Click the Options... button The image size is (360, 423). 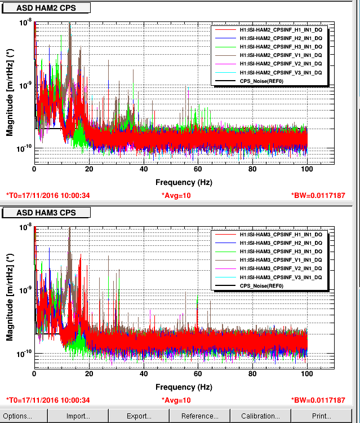[x=18, y=416]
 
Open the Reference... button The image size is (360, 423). [x=200, y=416]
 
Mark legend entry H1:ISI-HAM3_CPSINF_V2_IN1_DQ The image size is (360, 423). [x=281, y=268]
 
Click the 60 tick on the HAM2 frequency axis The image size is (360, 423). [x=198, y=169]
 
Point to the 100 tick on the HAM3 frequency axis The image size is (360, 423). [x=307, y=374]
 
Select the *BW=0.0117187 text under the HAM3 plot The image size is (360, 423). [x=318, y=400]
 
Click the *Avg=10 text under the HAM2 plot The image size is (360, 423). [x=176, y=196]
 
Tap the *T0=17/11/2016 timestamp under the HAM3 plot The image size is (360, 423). [x=48, y=400]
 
